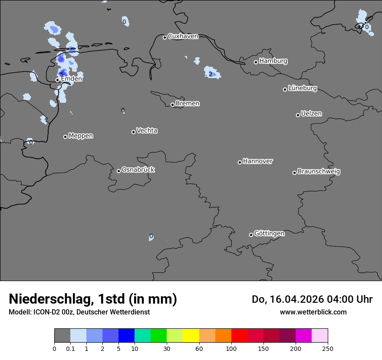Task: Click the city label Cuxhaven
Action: (183, 36)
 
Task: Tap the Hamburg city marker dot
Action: (256, 62)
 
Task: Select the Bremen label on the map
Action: (188, 104)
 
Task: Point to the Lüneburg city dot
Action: (285, 89)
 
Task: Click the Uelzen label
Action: (311, 114)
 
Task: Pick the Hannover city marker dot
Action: (240, 162)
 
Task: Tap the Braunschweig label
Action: (319, 171)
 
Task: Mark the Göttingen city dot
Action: (251, 235)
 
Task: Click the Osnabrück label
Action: (138, 170)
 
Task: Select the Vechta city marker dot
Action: (133, 132)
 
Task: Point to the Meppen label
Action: (81, 136)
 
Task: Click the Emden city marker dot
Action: (57, 80)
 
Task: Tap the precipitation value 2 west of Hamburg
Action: (211, 74)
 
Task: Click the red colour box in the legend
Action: (239, 336)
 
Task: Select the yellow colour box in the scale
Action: (191, 336)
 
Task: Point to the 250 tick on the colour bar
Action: (328, 348)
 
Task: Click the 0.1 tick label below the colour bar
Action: (70, 348)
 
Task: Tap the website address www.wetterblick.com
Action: (313, 312)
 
